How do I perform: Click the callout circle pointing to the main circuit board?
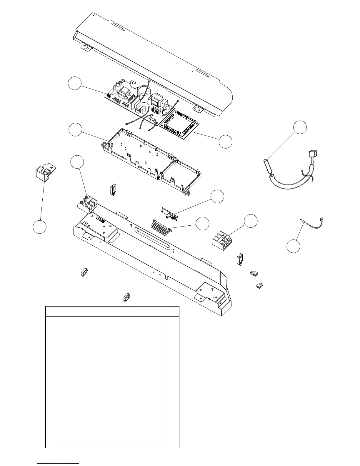pyautogui.click(x=74, y=83)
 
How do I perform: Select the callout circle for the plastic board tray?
pyautogui.click(x=75, y=130)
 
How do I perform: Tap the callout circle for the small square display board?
pyautogui.click(x=226, y=142)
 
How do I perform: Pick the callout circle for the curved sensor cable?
pyautogui.click(x=300, y=127)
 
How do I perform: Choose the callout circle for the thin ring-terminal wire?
pyautogui.click(x=293, y=246)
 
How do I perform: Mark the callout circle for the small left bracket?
pyautogui.click(x=39, y=227)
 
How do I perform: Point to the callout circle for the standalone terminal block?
pyautogui.click(x=251, y=221)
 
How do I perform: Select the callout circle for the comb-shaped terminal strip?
pyautogui.click(x=203, y=224)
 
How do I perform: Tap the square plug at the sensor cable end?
pyautogui.click(x=312, y=154)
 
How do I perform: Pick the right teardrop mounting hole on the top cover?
pyautogui.click(x=198, y=109)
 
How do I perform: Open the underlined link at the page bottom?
pyautogui.click(x=58, y=463)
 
